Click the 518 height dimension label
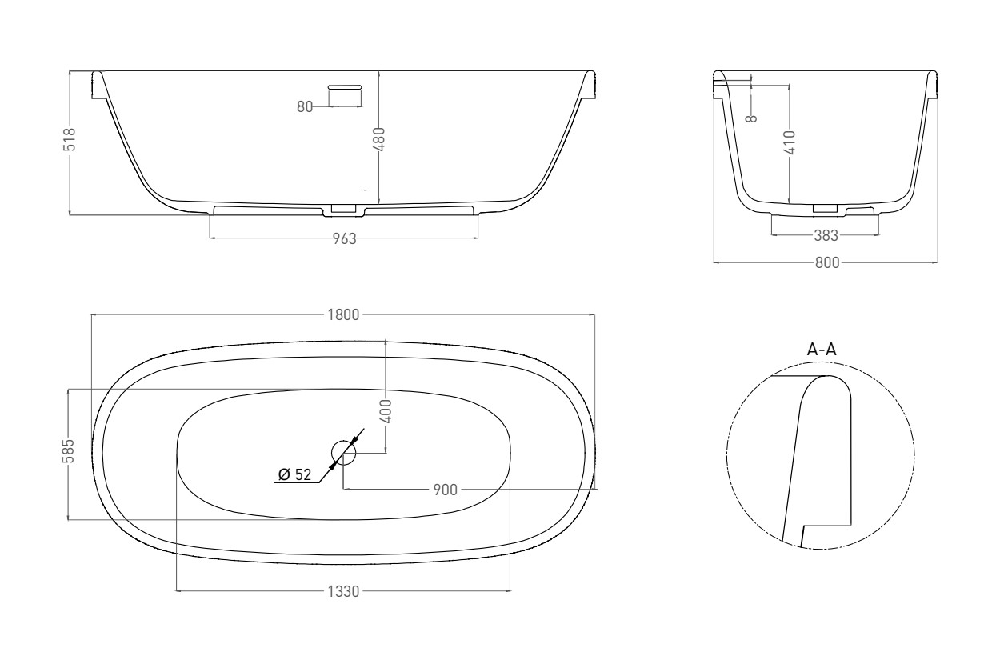point(69,139)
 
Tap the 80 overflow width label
point(305,106)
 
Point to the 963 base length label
point(345,239)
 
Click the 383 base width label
point(826,235)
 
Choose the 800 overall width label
point(827,262)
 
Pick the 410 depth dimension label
point(790,142)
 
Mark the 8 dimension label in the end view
point(752,118)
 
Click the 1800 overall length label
point(343,315)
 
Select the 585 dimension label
point(68,451)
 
